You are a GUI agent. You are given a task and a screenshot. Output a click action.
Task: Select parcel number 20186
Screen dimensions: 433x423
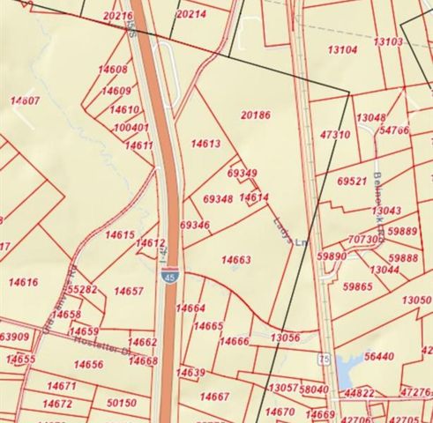(254, 115)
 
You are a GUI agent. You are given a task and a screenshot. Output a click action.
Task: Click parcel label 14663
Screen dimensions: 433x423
(235, 260)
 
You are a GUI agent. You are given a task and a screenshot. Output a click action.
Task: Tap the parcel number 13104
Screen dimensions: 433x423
(342, 50)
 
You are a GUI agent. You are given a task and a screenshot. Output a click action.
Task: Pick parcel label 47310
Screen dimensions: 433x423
(335, 135)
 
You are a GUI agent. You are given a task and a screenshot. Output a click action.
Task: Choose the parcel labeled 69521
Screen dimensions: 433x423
(352, 181)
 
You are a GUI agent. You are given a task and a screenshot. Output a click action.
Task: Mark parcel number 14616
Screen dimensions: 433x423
(24, 282)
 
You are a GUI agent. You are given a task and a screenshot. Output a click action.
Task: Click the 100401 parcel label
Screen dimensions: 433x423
(131, 128)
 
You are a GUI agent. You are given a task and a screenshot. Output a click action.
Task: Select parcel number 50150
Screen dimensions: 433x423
(121, 403)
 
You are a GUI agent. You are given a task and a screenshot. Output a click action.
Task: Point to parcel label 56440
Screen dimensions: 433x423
(379, 356)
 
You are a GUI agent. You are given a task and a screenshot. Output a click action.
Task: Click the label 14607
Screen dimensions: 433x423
(25, 101)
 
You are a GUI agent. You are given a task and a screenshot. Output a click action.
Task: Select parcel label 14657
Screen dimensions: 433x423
(129, 291)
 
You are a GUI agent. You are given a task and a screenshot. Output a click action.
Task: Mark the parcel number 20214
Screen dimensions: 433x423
(191, 15)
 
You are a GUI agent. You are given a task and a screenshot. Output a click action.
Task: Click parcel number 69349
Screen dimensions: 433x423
(242, 174)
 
